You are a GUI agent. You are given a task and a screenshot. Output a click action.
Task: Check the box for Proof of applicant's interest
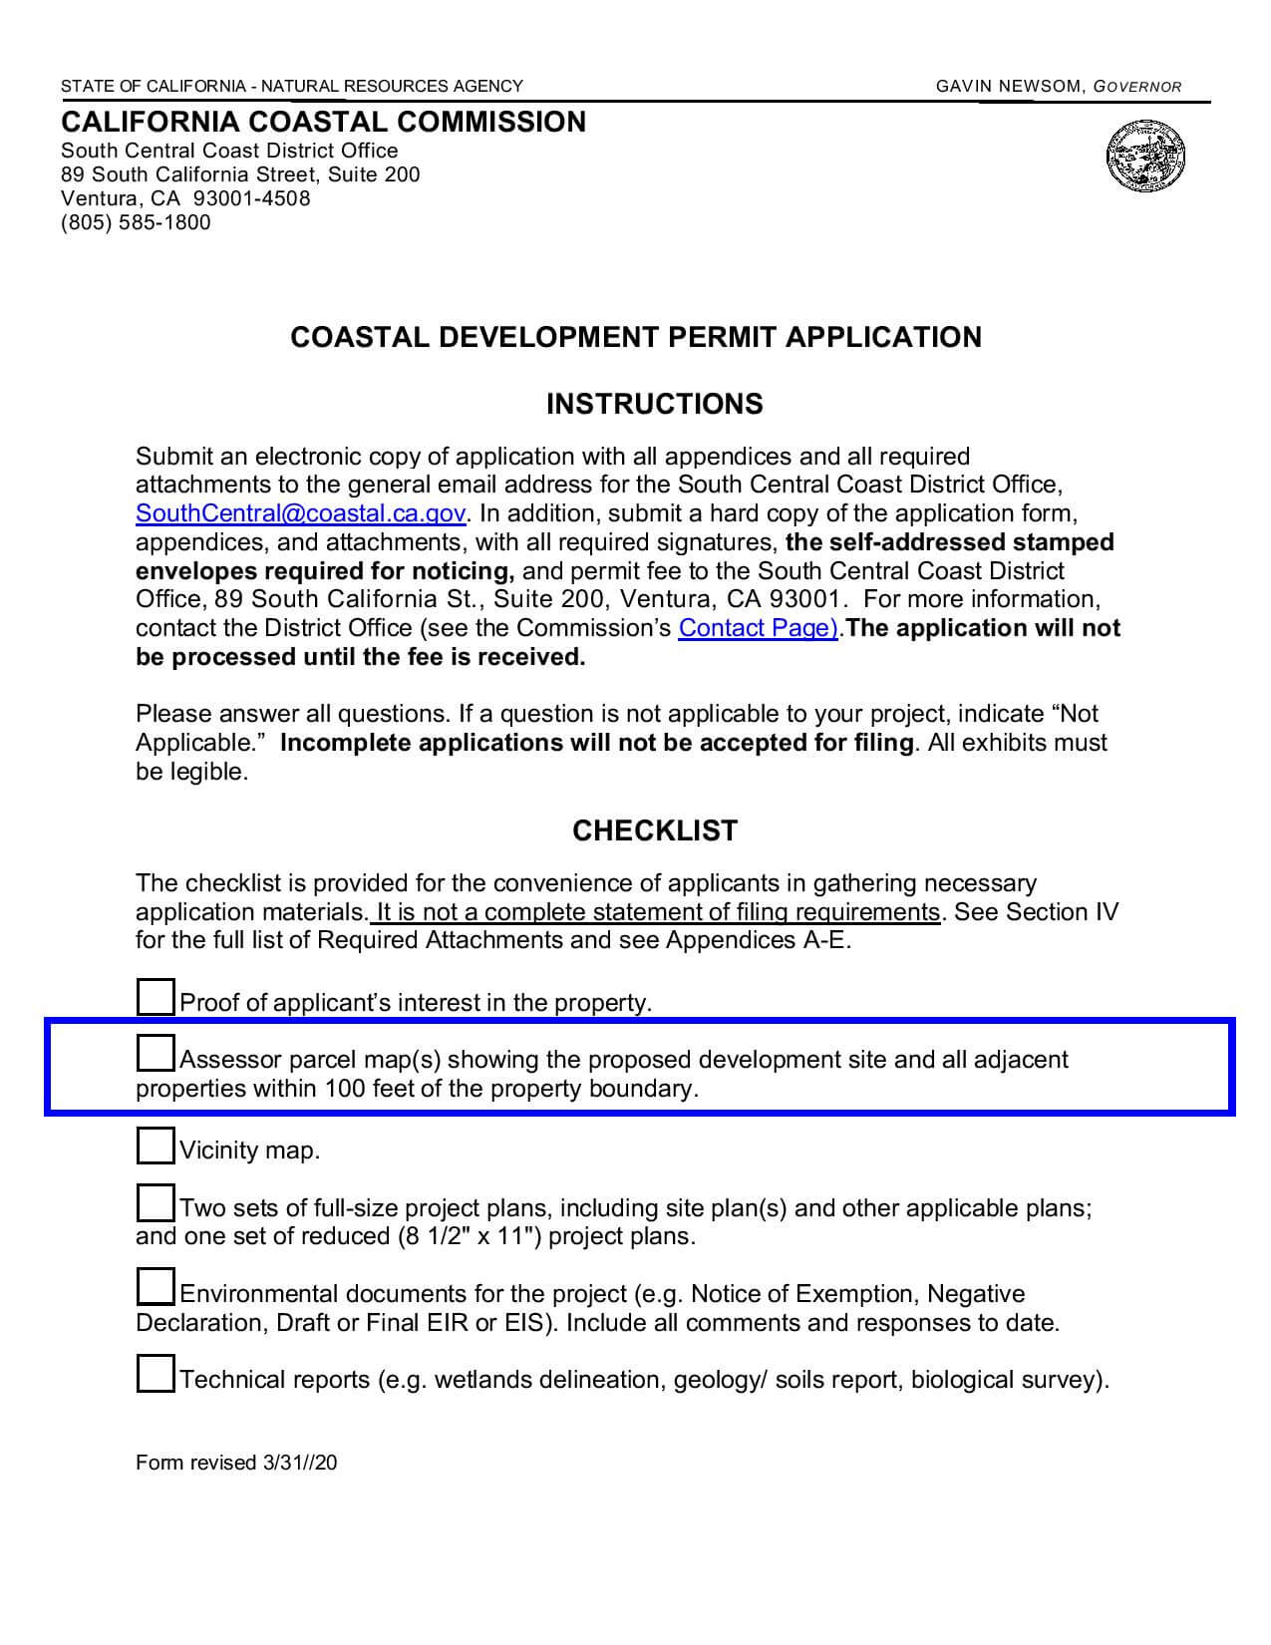[155, 997]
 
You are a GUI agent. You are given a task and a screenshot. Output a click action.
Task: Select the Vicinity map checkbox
[155, 1146]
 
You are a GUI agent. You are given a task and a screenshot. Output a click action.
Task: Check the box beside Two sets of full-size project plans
[155, 1203]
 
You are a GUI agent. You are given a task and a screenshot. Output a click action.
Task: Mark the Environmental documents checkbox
[155, 1288]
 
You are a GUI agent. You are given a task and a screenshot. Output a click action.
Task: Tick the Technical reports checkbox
[155, 1375]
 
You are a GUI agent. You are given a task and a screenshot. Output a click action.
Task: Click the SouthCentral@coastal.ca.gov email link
[300, 513]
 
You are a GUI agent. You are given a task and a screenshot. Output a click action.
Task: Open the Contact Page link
[758, 628]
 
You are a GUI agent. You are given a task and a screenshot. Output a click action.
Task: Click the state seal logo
[1145, 157]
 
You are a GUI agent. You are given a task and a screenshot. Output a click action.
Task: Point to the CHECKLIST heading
[655, 830]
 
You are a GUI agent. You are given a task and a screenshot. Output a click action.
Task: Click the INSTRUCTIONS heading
[655, 404]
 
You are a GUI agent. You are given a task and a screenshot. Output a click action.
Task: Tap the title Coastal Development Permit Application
[636, 337]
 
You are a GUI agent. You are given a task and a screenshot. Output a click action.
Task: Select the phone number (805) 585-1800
[136, 222]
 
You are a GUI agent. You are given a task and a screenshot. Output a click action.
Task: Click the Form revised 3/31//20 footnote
[236, 1463]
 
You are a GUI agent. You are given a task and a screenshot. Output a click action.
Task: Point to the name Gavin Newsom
[1008, 87]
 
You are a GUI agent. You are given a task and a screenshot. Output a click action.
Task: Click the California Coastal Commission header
[324, 122]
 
